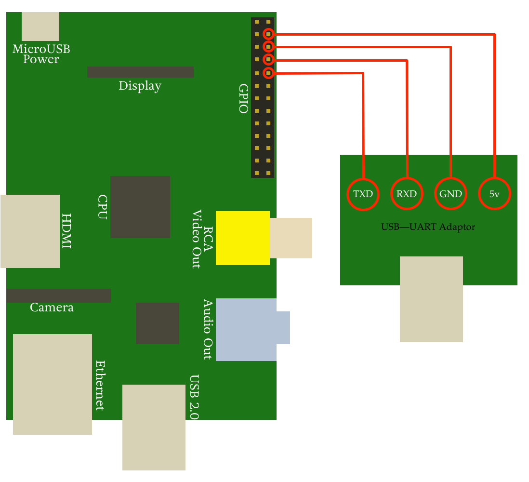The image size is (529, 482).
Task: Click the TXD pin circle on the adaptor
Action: tap(363, 194)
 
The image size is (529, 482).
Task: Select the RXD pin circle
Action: tap(407, 194)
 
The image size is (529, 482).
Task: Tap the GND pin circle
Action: tap(450, 194)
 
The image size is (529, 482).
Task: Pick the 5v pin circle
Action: tap(494, 194)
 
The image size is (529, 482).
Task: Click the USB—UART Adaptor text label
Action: tap(428, 227)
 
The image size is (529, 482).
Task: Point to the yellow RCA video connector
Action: tap(242, 238)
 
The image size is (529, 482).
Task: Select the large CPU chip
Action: tap(140, 207)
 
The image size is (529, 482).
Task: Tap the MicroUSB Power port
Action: tap(40, 27)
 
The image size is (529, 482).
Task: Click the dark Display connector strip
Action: tap(140, 72)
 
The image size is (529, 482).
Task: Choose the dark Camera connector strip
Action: tap(58, 295)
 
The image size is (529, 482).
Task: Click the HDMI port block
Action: tap(30, 231)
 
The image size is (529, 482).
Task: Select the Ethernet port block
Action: tap(52, 384)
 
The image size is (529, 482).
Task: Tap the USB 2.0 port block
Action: tap(154, 427)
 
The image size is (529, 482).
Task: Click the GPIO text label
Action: tap(243, 99)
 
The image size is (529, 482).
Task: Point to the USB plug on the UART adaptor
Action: tap(431, 299)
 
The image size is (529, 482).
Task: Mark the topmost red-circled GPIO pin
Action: tap(268, 34)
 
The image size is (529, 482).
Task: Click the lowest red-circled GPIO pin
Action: tap(268, 73)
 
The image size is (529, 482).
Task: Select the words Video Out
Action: tap(196, 239)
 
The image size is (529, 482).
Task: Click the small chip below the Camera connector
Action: tap(157, 323)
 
